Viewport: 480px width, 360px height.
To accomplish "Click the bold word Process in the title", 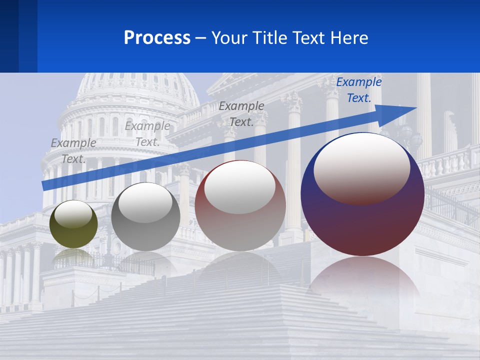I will click(157, 38).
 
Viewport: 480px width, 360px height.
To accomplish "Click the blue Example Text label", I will click(359, 90).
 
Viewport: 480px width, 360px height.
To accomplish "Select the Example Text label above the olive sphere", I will click(73, 150).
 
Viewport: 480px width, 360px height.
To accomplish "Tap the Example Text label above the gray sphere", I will click(147, 134).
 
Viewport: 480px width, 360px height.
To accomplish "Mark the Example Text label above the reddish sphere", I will click(241, 114).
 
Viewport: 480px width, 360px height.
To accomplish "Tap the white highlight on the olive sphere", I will click(73, 212).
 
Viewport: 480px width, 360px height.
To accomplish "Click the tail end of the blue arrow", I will click(46, 185).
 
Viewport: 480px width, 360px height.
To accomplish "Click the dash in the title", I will click(201, 38).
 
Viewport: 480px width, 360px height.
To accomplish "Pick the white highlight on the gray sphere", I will click(145, 202).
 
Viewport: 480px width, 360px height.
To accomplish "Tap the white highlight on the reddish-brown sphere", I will click(239, 187).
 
